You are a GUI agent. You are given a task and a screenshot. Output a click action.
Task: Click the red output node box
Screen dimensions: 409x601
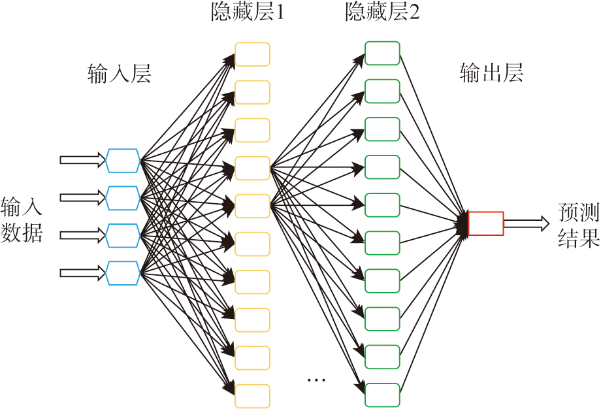point(486,223)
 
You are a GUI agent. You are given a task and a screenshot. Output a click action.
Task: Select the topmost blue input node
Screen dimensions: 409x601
point(123,160)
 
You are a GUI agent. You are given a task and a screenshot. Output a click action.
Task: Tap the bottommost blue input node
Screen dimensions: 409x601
point(123,272)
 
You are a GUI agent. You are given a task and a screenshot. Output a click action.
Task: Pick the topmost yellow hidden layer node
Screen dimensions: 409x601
point(252,54)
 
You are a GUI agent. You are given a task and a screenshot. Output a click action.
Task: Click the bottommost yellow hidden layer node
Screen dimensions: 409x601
point(252,396)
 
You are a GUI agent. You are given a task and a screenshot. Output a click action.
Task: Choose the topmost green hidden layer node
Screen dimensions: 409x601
point(382,53)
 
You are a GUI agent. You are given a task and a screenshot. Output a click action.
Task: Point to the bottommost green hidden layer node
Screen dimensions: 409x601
point(382,395)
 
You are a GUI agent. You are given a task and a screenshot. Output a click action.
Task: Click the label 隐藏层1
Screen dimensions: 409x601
point(248,12)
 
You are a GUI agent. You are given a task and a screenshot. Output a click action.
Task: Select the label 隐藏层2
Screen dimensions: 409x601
point(382,12)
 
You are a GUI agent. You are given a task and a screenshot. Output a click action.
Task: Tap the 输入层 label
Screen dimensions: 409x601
point(120,74)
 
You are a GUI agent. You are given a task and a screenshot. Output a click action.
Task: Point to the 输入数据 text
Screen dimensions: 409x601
point(22,220)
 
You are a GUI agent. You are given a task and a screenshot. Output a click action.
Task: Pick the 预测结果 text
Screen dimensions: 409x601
point(579,225)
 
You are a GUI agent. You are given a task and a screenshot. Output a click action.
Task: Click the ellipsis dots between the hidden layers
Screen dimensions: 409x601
point(316,380)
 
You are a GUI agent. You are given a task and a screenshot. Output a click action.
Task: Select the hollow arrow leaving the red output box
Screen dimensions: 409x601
point(527,223)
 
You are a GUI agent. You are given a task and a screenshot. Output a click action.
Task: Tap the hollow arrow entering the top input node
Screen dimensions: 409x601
point(82,159)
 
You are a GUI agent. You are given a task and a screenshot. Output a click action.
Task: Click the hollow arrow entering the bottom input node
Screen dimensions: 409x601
point(82,272)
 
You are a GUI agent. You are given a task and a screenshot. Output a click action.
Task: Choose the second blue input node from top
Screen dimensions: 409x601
point(123,197)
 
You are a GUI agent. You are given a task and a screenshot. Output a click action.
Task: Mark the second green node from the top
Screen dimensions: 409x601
point(382,91)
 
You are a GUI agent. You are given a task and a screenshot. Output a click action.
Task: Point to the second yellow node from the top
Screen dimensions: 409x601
point(252,92)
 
